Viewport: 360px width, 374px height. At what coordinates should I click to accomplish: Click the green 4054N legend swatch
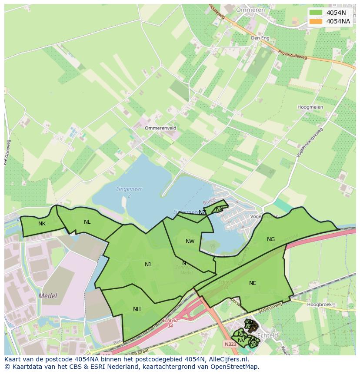(x=316, y=13)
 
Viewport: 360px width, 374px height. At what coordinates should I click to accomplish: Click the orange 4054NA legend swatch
(x=316, y=21)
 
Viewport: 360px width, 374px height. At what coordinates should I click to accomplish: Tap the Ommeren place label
(x=250, y=10)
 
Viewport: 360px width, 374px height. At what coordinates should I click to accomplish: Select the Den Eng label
(x=260, y=38)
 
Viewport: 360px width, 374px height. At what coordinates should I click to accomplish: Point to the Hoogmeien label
(x=310, y=107)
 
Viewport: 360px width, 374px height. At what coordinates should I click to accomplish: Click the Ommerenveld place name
(x=160, y=128)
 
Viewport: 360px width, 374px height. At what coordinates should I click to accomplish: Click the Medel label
(x=48, y=296)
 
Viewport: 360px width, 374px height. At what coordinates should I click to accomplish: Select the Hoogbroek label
(x=319, y=304)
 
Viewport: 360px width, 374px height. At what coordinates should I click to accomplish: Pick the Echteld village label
(x=267, y=335)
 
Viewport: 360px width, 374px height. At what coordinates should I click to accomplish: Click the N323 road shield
(x=230, y=344)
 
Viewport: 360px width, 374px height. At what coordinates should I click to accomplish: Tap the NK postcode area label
(x=42, y=224)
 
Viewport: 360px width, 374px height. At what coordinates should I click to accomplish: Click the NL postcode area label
(x=87, y=222)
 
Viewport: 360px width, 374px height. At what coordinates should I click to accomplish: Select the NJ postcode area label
(x=148, y=264)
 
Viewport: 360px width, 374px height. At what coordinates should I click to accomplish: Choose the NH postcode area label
(x=137, y=309)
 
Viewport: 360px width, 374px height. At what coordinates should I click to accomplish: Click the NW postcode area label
(x=190, y=242)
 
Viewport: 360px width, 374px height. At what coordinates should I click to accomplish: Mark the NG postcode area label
(x=271, y=239)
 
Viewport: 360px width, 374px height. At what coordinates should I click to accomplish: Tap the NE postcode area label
(x=253, y=283)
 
